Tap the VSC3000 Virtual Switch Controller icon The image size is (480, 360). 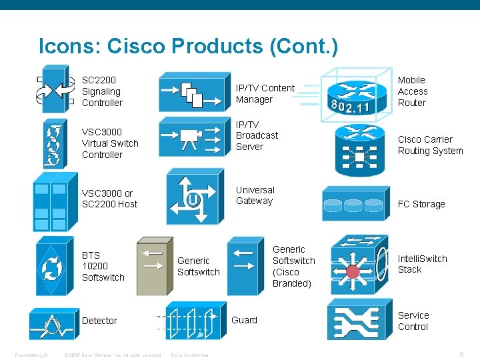pos(53,142)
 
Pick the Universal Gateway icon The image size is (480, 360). pos(194,196)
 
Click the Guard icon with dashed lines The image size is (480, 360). pos(191,321)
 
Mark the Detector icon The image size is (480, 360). pos(53,324)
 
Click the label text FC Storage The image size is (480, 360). pos(421,204)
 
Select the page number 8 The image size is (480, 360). pos(461,354)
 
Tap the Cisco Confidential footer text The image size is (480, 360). pos(190,355)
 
